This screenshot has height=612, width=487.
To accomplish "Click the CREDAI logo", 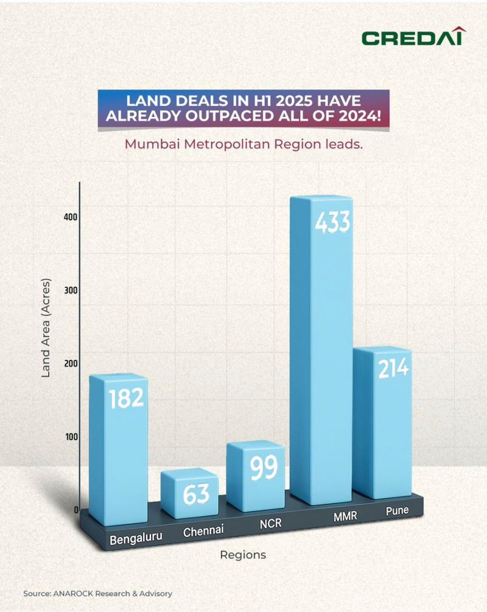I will pos(412,37).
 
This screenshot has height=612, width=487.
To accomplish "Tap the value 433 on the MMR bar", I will pos(332,223).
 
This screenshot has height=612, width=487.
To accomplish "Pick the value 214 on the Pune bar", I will pos(393,368).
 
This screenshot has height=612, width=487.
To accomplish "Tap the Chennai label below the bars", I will pos(203,531).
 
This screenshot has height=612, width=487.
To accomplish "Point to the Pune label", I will pos(397,511).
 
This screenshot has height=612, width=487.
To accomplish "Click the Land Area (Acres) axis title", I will pos(46,328).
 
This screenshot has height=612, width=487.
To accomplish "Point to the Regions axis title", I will pos(243,555).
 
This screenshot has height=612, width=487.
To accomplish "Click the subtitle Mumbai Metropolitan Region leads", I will pos(243,146).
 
